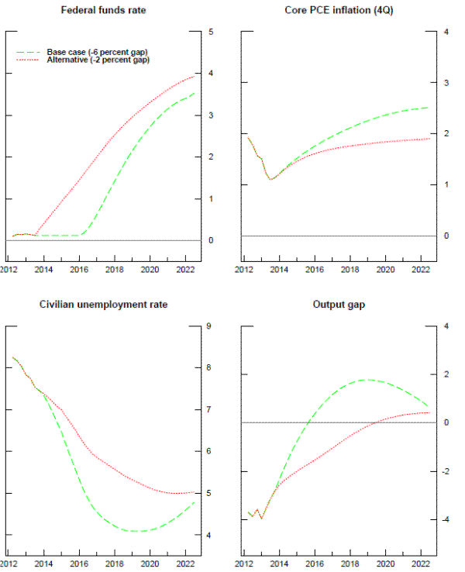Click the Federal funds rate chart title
click(103, 10)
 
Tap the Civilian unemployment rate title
click(103, 305)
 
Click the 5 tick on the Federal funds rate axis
click(212, 32)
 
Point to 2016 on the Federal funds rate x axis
click(80, 270)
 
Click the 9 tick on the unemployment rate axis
click(212, 326)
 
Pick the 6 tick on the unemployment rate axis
click(212, 452)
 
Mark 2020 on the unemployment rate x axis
click(150, 563)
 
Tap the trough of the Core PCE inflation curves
click(271, 179)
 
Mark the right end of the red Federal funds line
click(195, 76)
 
